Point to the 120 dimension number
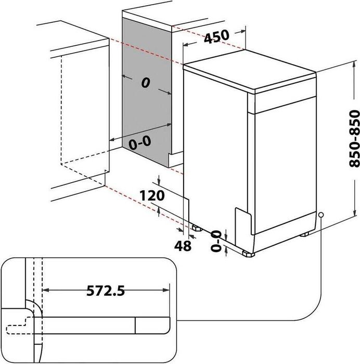coord(152,196)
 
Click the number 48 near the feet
coord(184,245)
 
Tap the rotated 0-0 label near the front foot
coord(216,241)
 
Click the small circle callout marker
coord(321,214)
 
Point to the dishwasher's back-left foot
coord(196,227)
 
